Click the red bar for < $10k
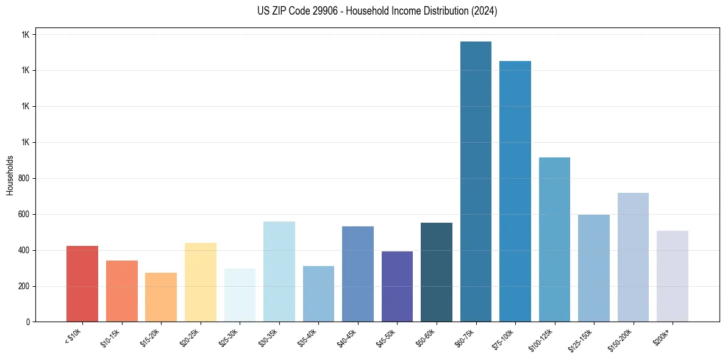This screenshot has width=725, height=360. [82, 284]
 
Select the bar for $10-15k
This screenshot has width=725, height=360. [122, 291]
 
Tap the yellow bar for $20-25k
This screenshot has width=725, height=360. [201, 283]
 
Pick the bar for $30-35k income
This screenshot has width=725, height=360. [279, 272]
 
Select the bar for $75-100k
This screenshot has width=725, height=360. [515, 192]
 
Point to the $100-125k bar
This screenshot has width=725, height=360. [554, 240]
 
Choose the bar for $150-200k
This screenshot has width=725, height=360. [633, 257]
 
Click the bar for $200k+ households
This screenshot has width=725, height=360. [673, 276]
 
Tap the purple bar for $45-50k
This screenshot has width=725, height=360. [397, 287]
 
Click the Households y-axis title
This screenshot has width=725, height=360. [10, 175]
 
